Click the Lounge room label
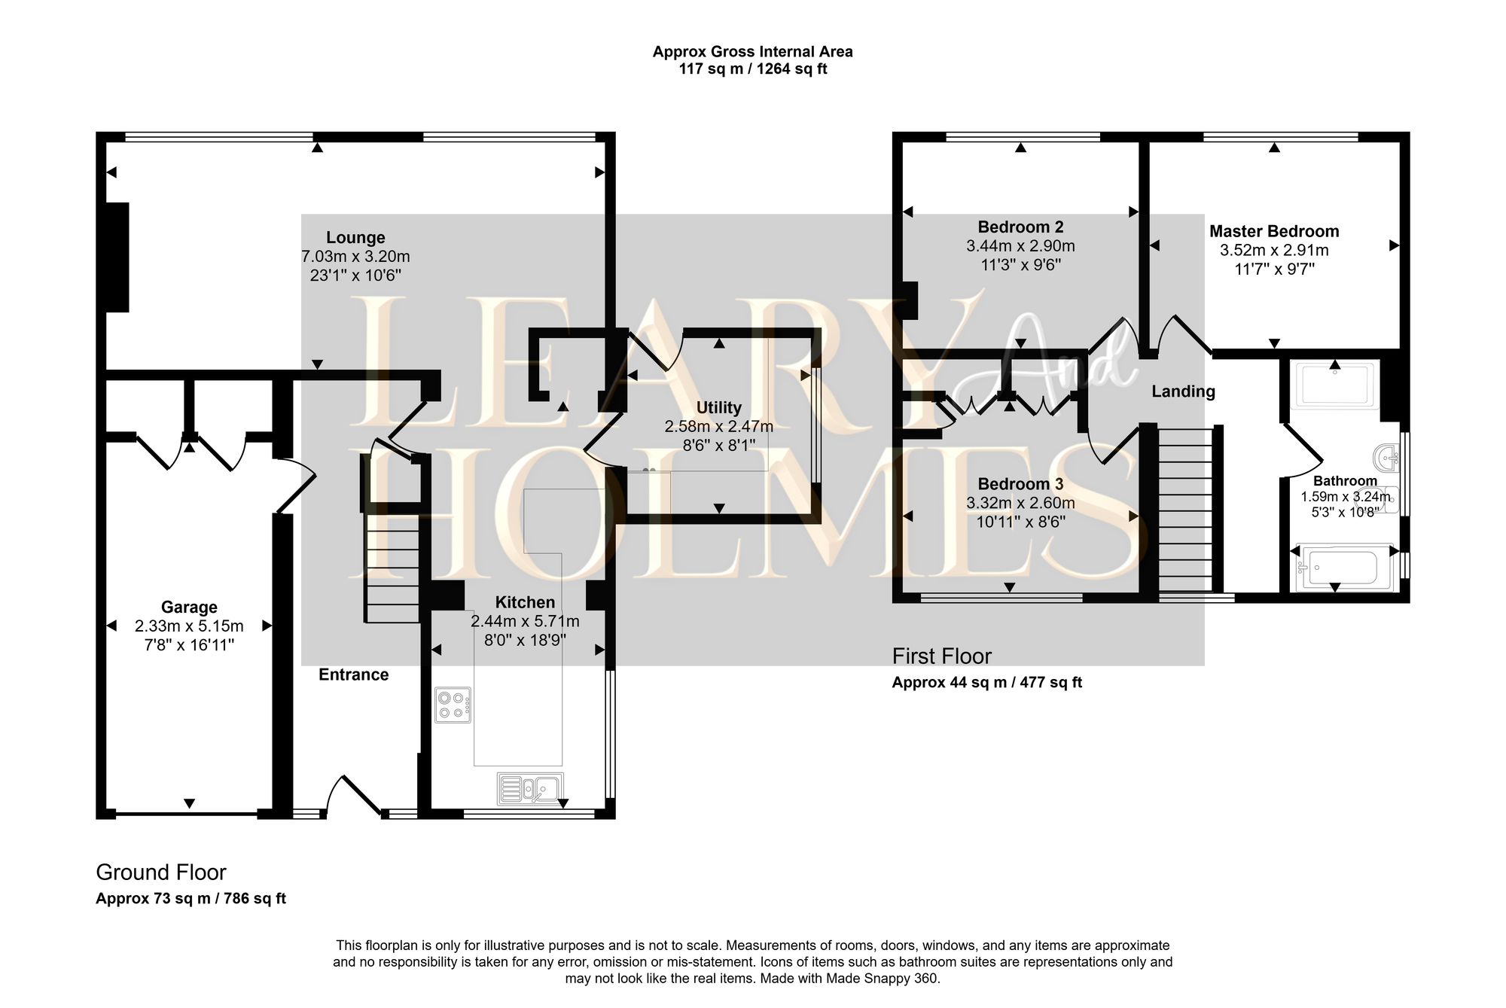pyautogui.click(x=355, y=238)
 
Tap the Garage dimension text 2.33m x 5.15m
pyautogui.click(x=189, y=626)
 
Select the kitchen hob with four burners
pyautogui.click(x=453, y=705)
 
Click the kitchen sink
pyautogui.click(x=530, y=788)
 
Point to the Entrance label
pyautogui.click(x=353, y=675)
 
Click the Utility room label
pyautogui.click(x=718, y=408)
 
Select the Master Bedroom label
pyautogui.click(x=1273, y=232)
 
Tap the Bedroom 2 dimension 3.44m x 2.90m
pyautogui.click(x=1020, y=246)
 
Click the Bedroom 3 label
pyautogui.click(x=1020, y=484)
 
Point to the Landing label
pyautogui.click(x=1183, y=391)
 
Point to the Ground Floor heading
pyautogui.click(x=161, y=872)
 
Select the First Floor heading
pyautogui.click(x=941, y=656)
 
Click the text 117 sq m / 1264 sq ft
pyautogui.click(x=752, y=69)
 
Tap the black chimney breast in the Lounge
pyautogui.click(x=117, y=257)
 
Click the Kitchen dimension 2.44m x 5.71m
pyautogui.click(x=525, y=622)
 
